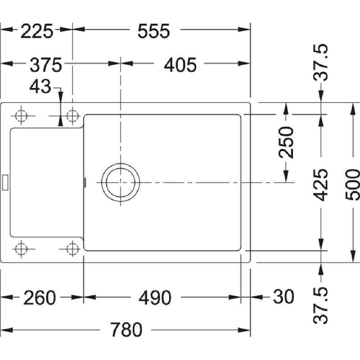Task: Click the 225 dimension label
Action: [37, 31]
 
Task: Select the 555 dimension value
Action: [153, 31]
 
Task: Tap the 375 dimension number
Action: [46, 65]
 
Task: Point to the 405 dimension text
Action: [180, 65]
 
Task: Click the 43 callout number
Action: [40, 86]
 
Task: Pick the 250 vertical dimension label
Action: [286, 142]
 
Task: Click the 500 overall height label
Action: [352, 184]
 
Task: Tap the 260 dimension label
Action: [40, 297]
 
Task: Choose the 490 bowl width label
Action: [155, 297]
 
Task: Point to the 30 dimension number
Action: [283, 297]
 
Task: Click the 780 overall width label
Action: [126, 330]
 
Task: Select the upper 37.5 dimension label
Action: [320, 62]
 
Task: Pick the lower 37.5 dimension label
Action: [320, 305]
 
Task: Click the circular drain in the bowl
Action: [120, 183]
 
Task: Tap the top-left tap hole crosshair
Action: [21, 116]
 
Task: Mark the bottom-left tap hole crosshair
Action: [21, 249]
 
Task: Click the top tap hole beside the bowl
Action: [72, 116]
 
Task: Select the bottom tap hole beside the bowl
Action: [72, 249]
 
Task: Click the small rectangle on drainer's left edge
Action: [5, 182]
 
